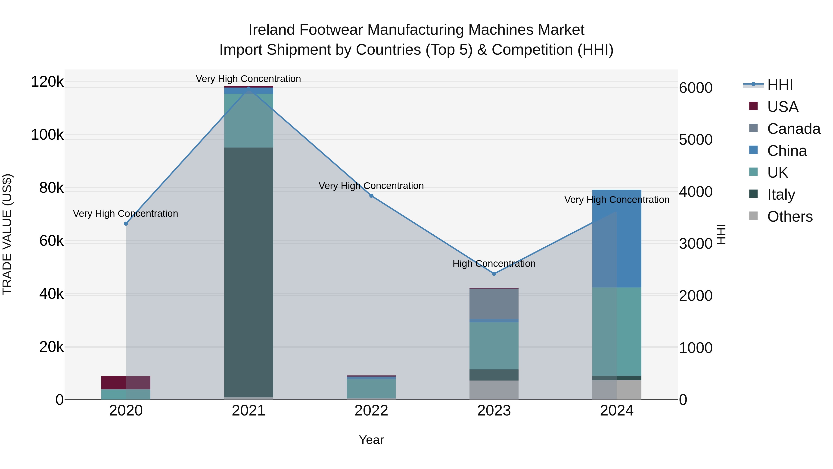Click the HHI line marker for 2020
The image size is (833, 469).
click(x=126, y=224)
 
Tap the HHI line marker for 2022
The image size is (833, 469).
click(x=371, y=196)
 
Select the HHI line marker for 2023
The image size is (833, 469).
click(x=494, y=274)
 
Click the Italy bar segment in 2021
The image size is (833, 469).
click(x=249, y=272)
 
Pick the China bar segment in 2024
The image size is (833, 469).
click(x=617, y=239)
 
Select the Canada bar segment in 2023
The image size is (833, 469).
click(x=494, y=304)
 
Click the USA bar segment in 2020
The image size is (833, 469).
click(x=126, y=383)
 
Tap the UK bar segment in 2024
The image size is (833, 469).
click(x=617, y=331)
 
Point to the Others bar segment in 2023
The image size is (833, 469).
click(x=494, y=390)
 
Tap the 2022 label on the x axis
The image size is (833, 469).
click(x=371, y=411)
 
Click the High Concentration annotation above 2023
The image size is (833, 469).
click(x=494, y=264)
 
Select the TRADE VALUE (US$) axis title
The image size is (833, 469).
click(x=7, y=234)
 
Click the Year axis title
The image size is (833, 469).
click(x=371, y=440)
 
